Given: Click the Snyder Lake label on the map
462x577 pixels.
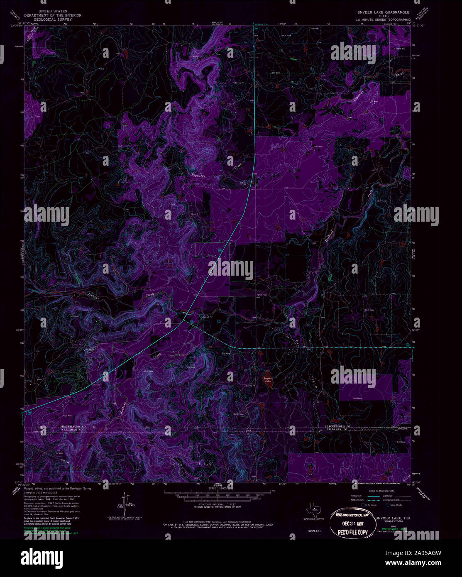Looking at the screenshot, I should click(267, 380).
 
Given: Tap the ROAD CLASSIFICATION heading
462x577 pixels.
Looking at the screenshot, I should click(377, 491).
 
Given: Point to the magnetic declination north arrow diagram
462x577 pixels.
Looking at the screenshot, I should click(125, 502).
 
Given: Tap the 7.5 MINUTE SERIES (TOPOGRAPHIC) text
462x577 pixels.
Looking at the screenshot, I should click(383, 20).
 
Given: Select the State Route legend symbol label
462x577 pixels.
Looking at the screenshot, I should click(396, 505).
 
